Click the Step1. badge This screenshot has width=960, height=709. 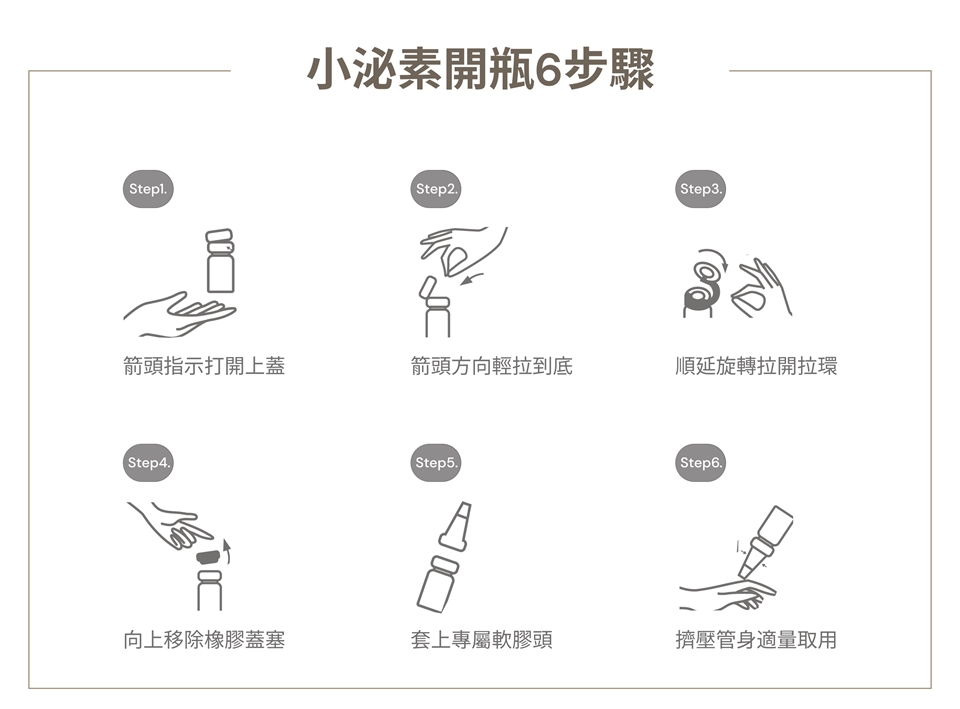148,189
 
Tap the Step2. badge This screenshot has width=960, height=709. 435,189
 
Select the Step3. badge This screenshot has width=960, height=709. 700,189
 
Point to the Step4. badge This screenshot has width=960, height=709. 148,462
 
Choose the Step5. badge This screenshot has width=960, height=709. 435,462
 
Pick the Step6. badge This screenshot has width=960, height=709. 700,462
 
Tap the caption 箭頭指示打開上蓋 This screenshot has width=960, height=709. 204,366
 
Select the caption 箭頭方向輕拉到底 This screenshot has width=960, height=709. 492,366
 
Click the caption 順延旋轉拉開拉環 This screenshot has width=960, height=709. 756,366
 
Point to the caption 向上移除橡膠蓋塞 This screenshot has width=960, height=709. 204,640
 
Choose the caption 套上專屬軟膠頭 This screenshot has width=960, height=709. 482,640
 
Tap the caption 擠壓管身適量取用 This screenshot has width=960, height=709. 756,640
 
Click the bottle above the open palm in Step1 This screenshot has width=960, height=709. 220,261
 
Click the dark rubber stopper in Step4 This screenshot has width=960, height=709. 208,557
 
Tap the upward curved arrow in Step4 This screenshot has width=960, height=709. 227,552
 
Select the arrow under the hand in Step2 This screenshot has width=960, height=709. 473,279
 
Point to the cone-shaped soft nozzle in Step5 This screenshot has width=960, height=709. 457,526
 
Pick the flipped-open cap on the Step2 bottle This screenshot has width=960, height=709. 427,288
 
